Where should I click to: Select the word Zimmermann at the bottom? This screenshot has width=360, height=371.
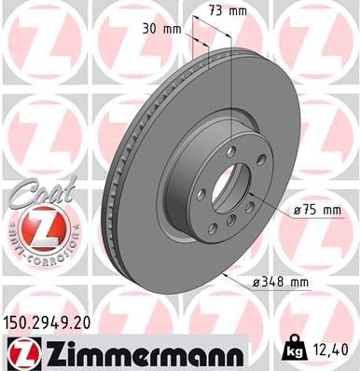pyautogui.click(x=140, y=352)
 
